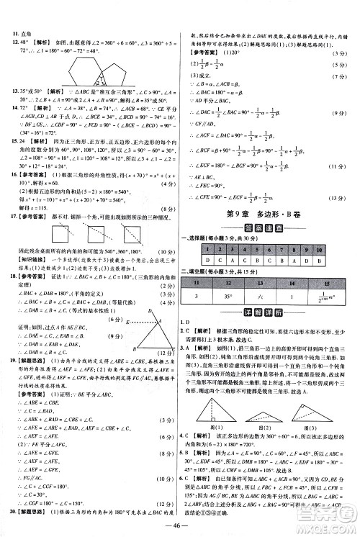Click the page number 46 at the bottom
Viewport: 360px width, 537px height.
[179, 527]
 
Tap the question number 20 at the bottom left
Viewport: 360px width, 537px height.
[13, 510]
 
